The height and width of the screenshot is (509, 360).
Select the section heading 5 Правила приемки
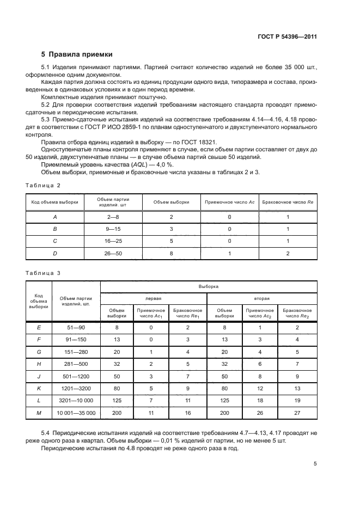coord(77,54)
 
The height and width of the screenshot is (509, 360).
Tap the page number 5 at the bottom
coord(315,464)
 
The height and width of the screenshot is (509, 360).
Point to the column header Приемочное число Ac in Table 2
coord(229,202)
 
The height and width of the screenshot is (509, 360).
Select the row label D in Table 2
coord(54,254)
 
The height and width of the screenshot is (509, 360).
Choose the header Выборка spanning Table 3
coord(209,285)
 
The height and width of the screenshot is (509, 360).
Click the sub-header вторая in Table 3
coord(262,298)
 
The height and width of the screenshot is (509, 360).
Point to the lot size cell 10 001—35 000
coord(76,414)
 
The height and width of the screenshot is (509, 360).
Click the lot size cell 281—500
coord(76,364)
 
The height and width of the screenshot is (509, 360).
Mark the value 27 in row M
coord(297,414)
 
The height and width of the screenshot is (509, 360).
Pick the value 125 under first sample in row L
coord(117,401)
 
